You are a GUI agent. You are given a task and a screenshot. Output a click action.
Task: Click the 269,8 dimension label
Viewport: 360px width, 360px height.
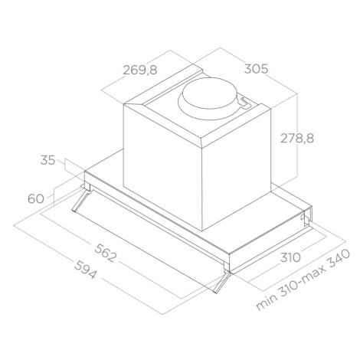pyautogui.click(x=140, y=70)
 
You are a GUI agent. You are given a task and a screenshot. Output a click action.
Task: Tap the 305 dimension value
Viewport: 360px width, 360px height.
pyautogui.click(x=256, y=69)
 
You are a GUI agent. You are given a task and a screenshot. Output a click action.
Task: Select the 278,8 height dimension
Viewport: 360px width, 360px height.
pyautogui.click(x=297, y=138)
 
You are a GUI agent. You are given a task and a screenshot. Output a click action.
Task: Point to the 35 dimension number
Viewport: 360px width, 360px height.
pyautogui.click(x=47, y=160)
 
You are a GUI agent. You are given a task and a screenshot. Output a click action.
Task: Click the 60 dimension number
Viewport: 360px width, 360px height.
pyautogui.click(x=35, y=198)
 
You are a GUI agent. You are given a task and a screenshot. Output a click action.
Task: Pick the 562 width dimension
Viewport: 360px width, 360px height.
pyautogui.click(x=106, y=253)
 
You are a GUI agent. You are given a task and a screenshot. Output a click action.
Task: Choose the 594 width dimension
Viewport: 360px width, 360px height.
pyautogui.click(x=86, y=270)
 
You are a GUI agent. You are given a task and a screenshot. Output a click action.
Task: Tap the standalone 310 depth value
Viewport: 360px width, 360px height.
pyautogui.click(x=290, y=257)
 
